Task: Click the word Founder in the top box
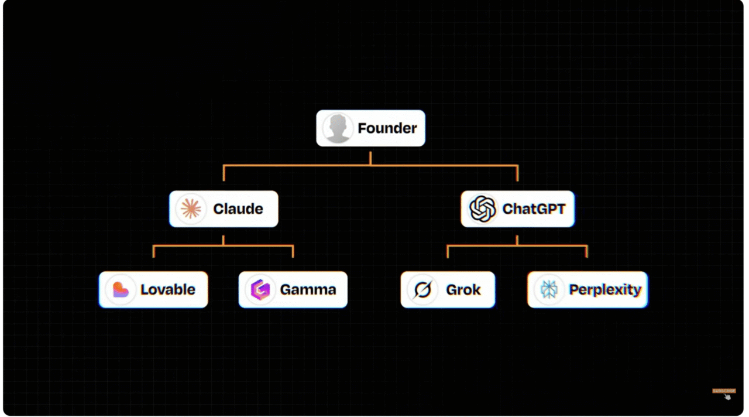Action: click(x=387, y=128)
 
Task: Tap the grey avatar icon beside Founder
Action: click(x=338, y=128)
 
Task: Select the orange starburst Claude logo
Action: click(x=191, y=209)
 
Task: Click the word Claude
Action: click(x=238, y=209)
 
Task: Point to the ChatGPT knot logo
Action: click(x=483, y=209)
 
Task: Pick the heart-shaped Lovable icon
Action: click(x=121, y=290)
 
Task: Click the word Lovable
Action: click(x=167, y=290)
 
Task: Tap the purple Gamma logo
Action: click(x=260, y=290)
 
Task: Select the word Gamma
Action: click(x=308, y=290)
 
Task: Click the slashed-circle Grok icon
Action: click(x=422, y=290)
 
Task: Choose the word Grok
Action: click(x=463, y=290)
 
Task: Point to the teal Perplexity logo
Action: click(x=549, y=290)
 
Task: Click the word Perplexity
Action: click(x=605, y=290)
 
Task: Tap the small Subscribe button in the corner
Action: click(x=724, y=391)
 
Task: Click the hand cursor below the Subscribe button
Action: click(x=727, y=397)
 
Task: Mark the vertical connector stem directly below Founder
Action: click(x=370, y=158)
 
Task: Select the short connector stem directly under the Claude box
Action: click(x=223, y=240)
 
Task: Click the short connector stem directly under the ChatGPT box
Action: click(x=517, y=240)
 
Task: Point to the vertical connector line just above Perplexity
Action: click(x=587, y=252)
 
